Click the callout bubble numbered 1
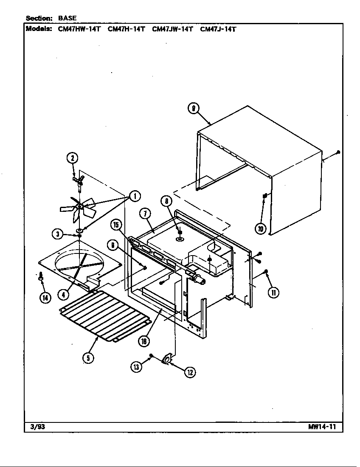point(135,196)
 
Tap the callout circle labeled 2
point(72,158)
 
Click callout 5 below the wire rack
point(88,357)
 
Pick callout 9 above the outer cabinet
point(193,109)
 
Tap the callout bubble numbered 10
point(260,229)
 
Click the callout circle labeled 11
point(274,292)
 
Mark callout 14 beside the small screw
point(45,298)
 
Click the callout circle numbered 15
point(115,224)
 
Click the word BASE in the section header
point(67,18)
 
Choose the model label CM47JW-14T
point(172,29)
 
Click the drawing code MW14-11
point(322,427)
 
